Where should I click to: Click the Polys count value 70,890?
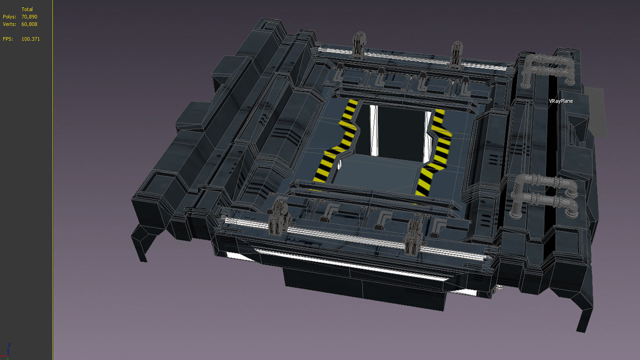(x=29, y=17)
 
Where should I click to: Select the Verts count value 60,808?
(x=29, y=24)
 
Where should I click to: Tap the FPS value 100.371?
(x=30, y=39)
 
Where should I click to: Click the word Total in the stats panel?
(x=27, y=9)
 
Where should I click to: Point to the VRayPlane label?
(x=561, y=101)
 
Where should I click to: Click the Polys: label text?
(x=9, y=17)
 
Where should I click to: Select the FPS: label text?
(x=8, y=39)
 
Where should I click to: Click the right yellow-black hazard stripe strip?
(x=437, y=150)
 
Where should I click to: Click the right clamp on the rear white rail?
(x=457, y=53)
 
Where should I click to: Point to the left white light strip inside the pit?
(x=374, y=130)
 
